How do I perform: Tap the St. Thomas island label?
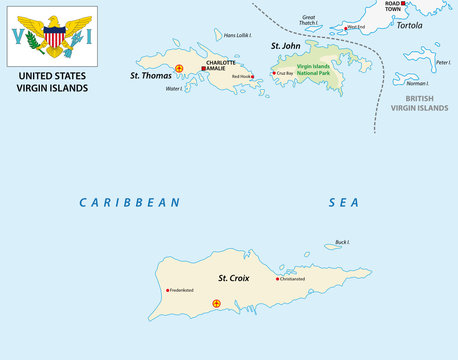[148, 75]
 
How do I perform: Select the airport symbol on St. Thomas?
[179, 69]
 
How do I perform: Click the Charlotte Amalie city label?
[221, 65]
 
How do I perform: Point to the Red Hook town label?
[241, 77]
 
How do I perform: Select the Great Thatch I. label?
[309, 19]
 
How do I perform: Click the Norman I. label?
[417, 83]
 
